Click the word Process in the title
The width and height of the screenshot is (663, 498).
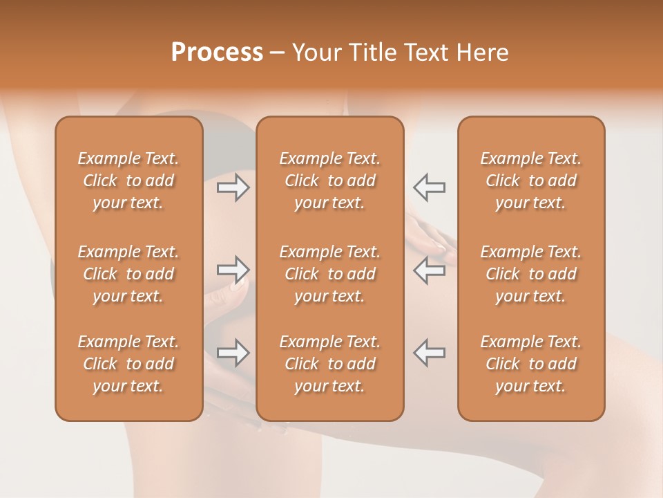click(x=217, y=53)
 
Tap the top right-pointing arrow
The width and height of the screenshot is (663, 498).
click(x=233, y=187)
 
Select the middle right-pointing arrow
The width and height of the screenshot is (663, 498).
click(x=233, y=269)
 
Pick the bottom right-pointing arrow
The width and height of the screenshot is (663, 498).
click(x=233, y=353)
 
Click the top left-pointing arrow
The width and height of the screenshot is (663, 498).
click(x=429, y=187)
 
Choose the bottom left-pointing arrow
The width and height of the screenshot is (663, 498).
click(x=429, y=353)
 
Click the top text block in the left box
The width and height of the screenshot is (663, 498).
click(x=128, y=181)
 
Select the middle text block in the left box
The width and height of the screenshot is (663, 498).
click(x=128, y=274)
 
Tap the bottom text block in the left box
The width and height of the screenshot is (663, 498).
click(x=128, y=364)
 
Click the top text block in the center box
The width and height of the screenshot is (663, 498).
click(x=329, y=181)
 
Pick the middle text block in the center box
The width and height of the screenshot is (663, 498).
click(x=329, y=274)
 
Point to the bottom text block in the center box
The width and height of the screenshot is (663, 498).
click(x=329, y=364)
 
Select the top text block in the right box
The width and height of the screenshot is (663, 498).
click(x=531, y=181)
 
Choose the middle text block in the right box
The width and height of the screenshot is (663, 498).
click(x=531, y=274)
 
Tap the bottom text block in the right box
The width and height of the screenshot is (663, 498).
click(x=531, y=364)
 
